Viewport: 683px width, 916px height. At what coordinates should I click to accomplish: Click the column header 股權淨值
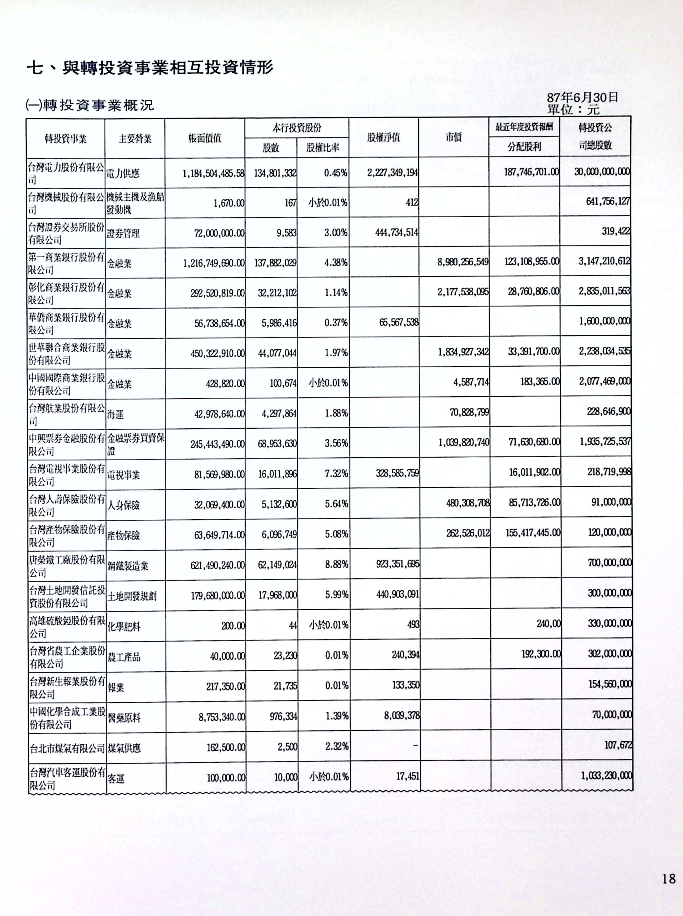[383, 138]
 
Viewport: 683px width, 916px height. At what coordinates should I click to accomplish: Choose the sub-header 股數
[271, 148]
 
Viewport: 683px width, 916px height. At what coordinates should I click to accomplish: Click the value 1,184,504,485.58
[213, 173]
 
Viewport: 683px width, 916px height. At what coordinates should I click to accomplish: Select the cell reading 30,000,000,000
[602, 172]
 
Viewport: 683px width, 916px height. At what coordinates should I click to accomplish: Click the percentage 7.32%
[336, 474]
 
